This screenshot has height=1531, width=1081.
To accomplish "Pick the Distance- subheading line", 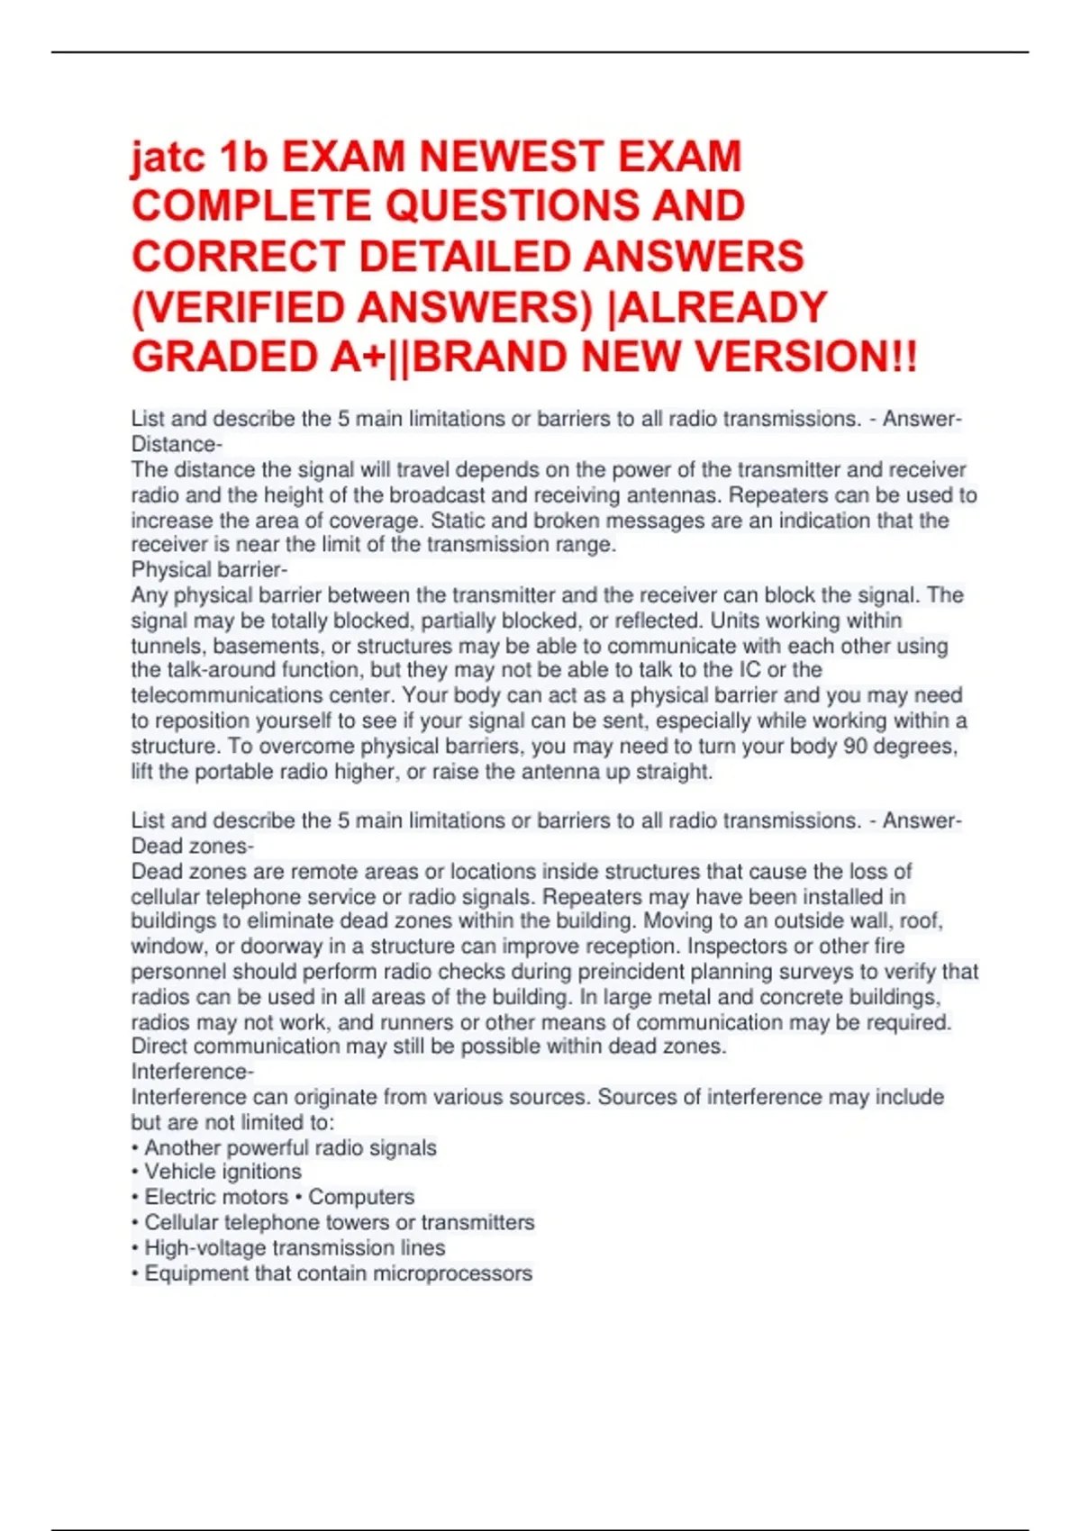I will [177, 444].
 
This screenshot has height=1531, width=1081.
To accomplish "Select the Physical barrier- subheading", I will [209, 570].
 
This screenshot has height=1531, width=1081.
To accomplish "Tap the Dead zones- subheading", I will [192, 847].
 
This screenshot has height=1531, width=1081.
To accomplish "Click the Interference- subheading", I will [192, 1072].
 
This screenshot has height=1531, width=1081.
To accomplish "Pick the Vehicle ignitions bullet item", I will [223, 1172].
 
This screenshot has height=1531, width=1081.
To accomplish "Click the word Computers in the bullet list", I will [361, 1197].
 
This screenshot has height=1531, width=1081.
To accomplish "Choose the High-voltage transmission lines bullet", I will [295, 1248].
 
